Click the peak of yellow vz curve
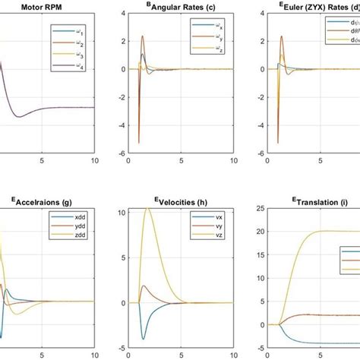click(149, 207)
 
